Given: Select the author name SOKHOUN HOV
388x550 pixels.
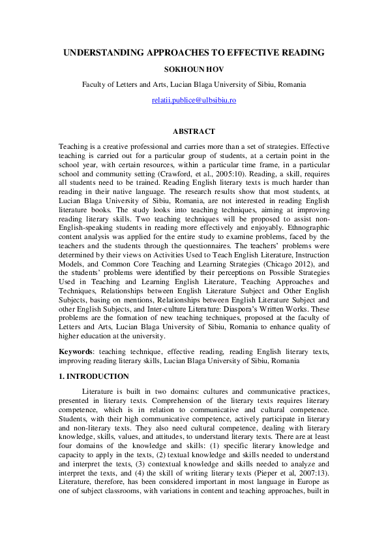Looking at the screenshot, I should (194, 69).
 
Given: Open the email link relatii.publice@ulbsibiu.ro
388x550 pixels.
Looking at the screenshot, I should (194, 101).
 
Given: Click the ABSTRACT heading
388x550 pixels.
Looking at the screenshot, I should (194, 131).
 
